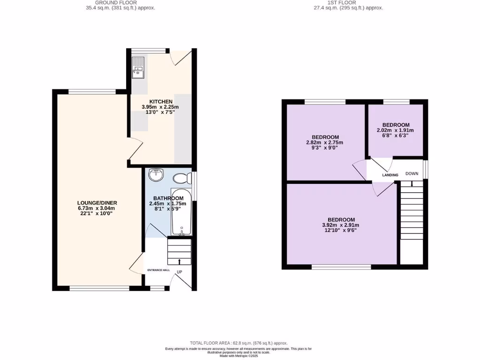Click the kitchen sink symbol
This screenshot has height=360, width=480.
point(139,67)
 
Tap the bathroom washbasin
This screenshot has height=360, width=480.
point(156,175)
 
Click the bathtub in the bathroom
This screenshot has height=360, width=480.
point(180,213)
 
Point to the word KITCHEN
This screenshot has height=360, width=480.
point(161,102)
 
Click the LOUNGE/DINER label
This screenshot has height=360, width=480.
point(97,202)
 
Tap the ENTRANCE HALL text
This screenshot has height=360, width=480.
point(158,270)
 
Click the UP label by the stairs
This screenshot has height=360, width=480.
point(179,272)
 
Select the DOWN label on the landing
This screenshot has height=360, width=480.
point(412,173)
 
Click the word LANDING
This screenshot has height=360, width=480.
point(390,175)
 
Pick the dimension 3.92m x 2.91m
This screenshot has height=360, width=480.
point(341,225)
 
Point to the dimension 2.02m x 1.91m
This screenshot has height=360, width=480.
point(395,130)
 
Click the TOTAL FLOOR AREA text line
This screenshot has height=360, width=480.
point(239,343)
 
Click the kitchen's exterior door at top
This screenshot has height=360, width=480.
point(181,57)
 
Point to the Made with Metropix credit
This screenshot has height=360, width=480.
point(239,355)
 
